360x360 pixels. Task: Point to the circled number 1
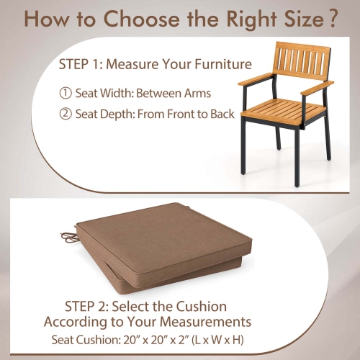66,93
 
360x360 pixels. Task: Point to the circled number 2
66,114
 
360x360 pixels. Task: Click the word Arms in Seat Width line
209,93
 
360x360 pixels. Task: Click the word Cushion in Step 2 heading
201,306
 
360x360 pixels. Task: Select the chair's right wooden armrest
318,88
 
